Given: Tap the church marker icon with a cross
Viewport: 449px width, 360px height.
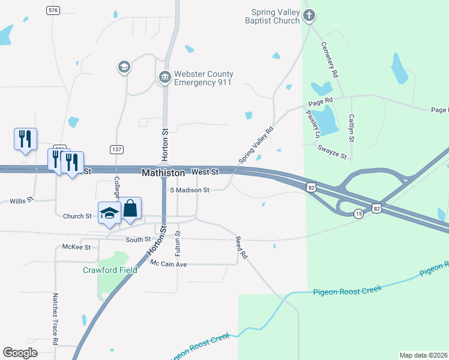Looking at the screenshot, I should click(x=309, y=16).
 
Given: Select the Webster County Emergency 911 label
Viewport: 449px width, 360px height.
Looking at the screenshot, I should click(x=203, y=78).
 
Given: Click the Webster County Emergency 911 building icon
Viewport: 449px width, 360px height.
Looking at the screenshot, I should click(x=164, y=77).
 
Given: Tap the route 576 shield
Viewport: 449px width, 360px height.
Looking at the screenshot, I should click(x=53, y=11).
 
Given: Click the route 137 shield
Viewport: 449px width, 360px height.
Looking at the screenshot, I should click(x=116, y=148).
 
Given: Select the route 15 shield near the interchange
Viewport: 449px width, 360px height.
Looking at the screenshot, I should click(x=358, y=214).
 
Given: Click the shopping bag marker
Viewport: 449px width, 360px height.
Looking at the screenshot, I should click(x=130, y=209).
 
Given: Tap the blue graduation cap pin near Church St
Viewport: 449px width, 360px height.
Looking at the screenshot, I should click(x=110, y=214).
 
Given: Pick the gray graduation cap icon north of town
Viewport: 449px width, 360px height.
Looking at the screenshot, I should click(x=124, y=67).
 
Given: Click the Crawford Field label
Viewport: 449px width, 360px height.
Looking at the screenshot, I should click(x=110, y=270).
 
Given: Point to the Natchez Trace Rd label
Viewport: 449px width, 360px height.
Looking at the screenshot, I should click(x=55, y=319).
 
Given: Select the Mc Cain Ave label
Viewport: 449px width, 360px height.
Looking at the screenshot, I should click(x=169, y=264).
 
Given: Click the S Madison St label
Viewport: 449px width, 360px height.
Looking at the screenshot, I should click(x=190, y=190).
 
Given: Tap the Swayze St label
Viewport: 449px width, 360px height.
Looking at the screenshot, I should click(x=333, y=152).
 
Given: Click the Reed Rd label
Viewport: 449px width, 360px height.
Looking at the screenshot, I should click(x=242, y=247).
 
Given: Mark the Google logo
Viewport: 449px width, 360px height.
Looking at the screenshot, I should click(x=20, y=353).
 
